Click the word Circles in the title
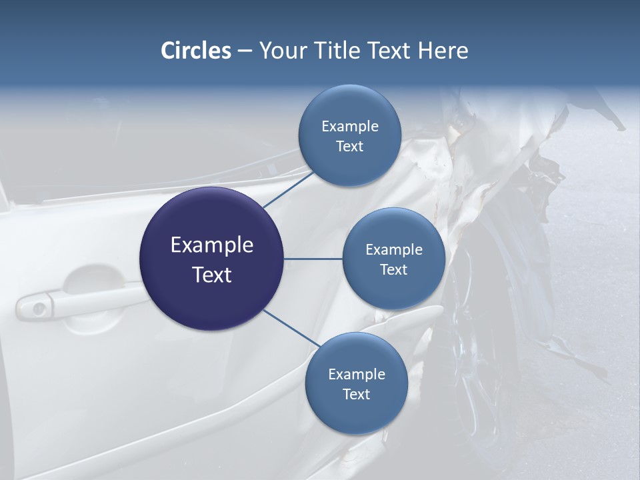195,51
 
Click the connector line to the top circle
287,189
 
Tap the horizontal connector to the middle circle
313,259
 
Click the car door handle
87,300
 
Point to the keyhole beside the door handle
39,308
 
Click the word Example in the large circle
212,245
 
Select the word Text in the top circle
349,147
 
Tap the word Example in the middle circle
393,250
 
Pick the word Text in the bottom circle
356,395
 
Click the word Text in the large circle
212,275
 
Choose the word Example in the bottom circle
356,375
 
